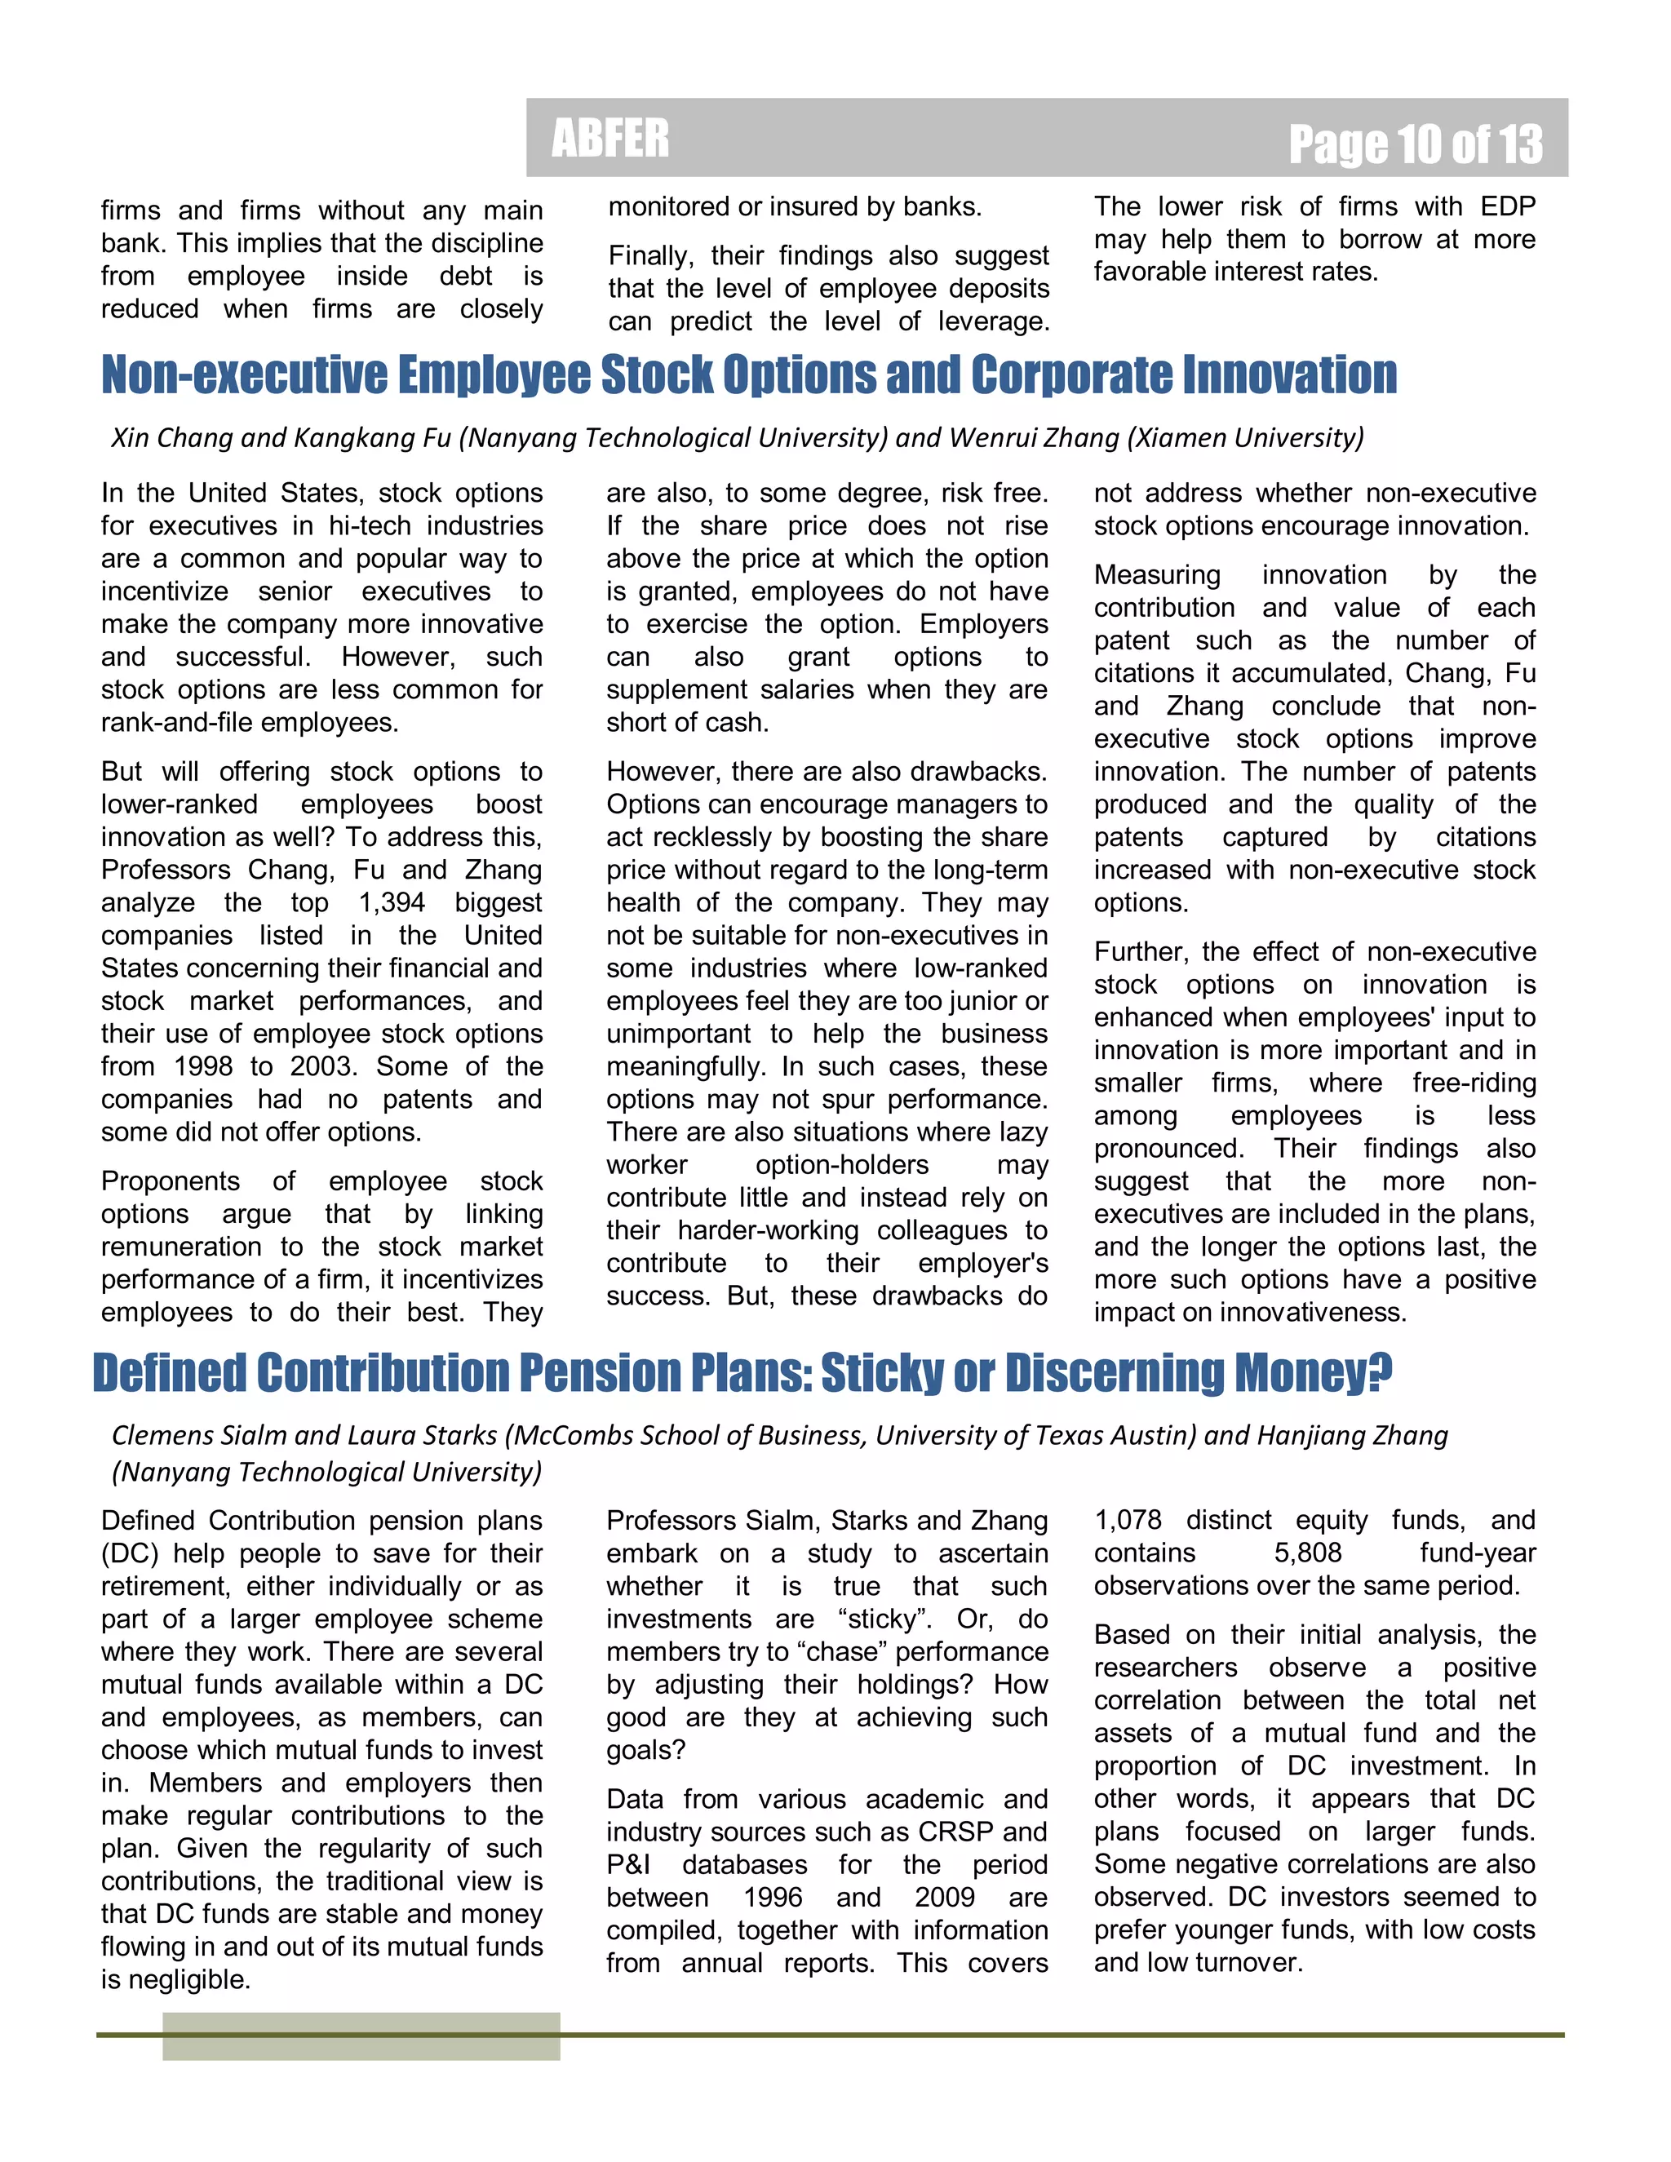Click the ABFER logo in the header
(x=609, y=138)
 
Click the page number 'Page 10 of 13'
(x=1415, y=144)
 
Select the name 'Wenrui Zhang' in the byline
(x=1035, y=437)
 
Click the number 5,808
(x=1308, y=1553)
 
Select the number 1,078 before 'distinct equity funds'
(x=1128, y=1520)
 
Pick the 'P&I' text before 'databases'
(x=628, y=1864)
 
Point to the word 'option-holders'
(x=841, y=1164)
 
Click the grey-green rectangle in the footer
(x=361, y=2036)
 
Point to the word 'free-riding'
(x=1473, y=1083)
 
